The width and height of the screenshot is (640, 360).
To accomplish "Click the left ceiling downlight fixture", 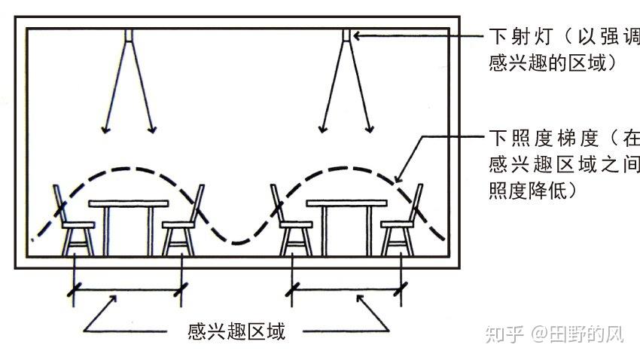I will pyautogui.click(x=129, y=35).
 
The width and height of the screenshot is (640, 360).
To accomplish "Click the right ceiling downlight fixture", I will pyautogui.click(x=347, y=35).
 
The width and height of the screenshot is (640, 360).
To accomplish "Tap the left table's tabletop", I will pyautogui.click(x=128, y=203).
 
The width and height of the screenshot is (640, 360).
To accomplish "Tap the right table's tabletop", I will pyautogui.click(x=346, y=203).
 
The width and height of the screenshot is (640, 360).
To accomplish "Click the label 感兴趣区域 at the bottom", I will pyautogui.click(x=236, y=331).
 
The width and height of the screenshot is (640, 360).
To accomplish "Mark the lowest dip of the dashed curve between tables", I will pyautogui.click(x=239, y=243).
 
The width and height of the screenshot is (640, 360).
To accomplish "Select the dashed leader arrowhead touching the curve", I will pyautogui.click(x=399, y=178).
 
